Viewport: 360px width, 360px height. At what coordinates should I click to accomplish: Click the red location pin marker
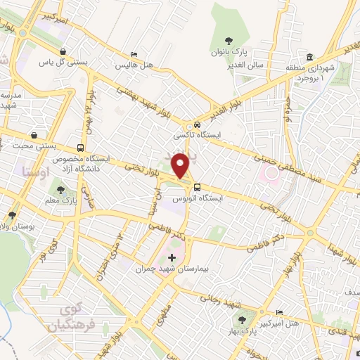pyautogui.click(x=181, y=166)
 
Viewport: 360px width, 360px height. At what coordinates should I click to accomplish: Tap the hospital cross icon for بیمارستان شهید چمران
pyautogui.click(x=172, y=258)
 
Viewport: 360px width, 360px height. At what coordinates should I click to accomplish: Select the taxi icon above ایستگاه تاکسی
pyautogui.click(x=198, y=124)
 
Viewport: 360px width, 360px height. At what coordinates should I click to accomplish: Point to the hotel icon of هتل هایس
pyautogui.click(x=134, y=55)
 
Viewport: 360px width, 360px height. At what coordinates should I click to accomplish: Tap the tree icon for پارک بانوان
pyautogui.click(x=227, y=41)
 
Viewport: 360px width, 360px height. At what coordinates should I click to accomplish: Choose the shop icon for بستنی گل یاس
pyautogui.click(x=64, y=51)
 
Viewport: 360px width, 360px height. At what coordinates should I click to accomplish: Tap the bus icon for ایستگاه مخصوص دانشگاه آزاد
pyautogui.click(x=81, y=148)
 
